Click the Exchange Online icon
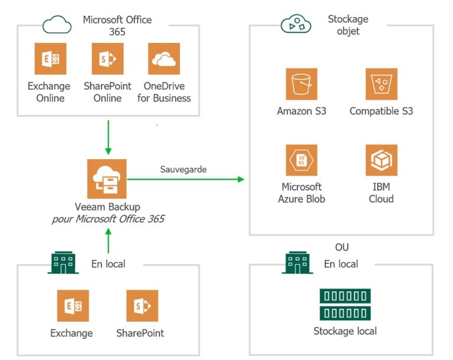50,58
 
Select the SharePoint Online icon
107,58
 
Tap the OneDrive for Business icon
164,58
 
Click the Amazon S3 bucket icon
301,84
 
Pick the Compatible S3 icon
381,84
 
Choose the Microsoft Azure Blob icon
301,160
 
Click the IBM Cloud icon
381,160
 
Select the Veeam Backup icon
107,179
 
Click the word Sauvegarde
183,169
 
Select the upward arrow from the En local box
107,241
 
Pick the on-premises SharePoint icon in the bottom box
142,306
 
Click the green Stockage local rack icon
345,304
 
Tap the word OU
342,247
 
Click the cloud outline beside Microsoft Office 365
57,25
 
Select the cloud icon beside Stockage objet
296,25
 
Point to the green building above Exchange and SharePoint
63,263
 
